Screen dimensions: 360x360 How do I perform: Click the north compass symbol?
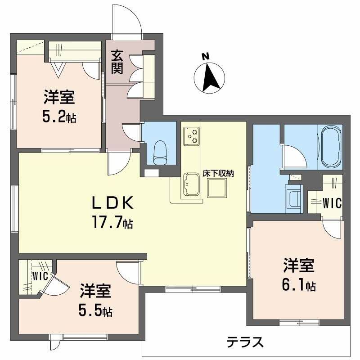(208, 74)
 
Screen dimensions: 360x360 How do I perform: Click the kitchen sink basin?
(191, 184)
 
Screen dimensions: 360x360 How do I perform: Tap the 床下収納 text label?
(220, 173)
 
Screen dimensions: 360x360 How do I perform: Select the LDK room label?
(112, 203)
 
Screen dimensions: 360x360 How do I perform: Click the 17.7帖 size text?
(112, 222)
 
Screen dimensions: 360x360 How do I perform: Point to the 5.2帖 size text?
(59, 117)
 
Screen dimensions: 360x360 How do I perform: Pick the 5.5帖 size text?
(96, 310)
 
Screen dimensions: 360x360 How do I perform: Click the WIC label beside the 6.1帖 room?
(332, 203)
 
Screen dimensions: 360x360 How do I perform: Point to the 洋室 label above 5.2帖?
(59, 97)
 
